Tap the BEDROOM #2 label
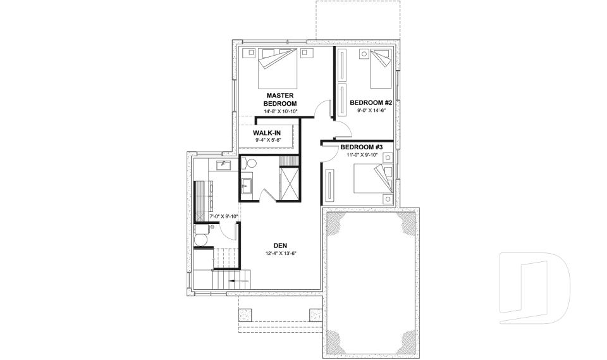click(371, 102)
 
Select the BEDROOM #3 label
click(362, 147)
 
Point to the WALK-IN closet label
click(267, 133)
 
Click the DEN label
click(281, 245)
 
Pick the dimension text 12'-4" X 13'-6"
click(281, 254)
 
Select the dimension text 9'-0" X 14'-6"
click(371, 110)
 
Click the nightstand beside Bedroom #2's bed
click(364, 54)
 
